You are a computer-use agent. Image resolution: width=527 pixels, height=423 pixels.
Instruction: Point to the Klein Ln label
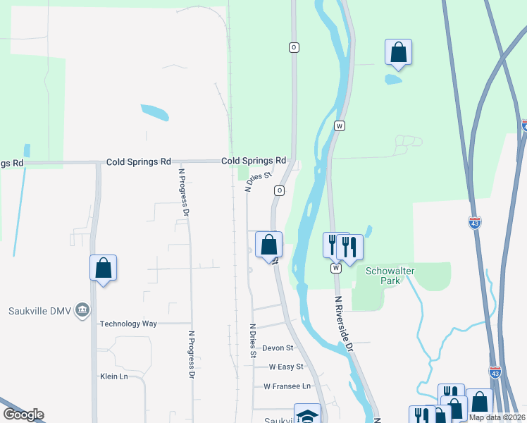pyautogui.click(x=113, y=376)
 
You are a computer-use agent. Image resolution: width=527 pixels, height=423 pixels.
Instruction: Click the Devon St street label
pyautogui.click(x=277, y=348)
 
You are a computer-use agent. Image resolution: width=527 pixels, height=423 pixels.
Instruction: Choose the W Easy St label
pyautogui.click(x=285, y=367)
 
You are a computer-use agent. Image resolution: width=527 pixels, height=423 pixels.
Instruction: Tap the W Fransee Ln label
pyautogui.click(x=287, y=386)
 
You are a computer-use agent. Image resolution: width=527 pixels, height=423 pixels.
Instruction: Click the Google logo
pyautogui.click(x=23, y=415)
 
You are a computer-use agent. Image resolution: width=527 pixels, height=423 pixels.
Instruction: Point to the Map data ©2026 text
pyautogui.click(x=497, y=417)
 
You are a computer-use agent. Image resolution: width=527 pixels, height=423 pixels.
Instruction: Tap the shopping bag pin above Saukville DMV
pyautogui.click(x=103, y=269)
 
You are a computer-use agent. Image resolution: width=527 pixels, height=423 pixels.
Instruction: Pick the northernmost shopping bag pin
pyautogui.click(x=398, y=53)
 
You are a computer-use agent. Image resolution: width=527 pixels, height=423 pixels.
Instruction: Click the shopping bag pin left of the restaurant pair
pyautogui.click(x=268, y=246)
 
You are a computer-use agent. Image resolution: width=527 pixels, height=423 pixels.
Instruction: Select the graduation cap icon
pyautogui.click(x=307, y=415)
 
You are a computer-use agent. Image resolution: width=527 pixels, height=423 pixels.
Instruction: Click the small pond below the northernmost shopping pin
pyautogui.click(x=393, y=79)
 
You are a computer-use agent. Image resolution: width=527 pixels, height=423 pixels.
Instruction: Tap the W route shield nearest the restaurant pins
pyautogui.click(x=335, y=268)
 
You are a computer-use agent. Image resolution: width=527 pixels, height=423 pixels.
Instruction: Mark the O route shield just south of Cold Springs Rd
pyautogui.click(x=280, y=191)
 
